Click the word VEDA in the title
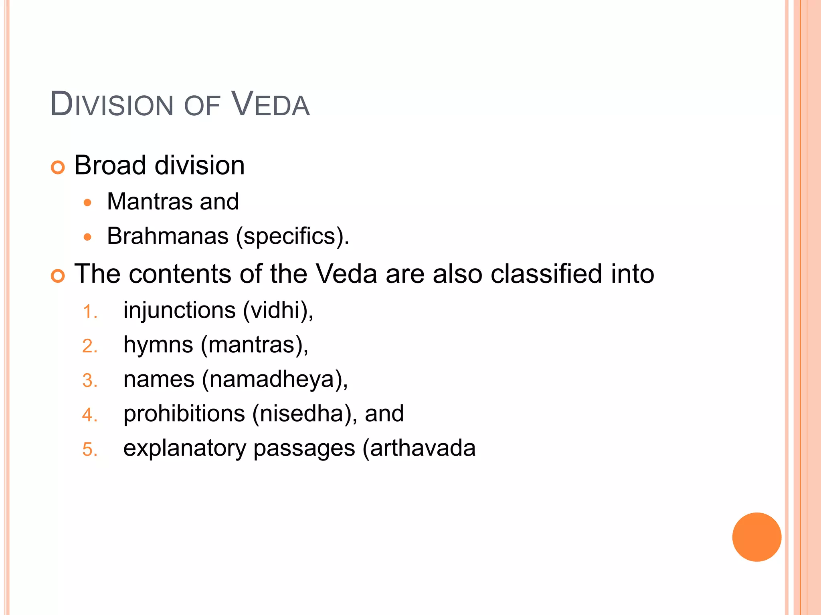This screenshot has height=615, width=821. point(271,105)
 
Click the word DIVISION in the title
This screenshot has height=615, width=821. point(111,105)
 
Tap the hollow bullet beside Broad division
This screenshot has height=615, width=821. point(58,167)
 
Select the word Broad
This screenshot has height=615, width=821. point(110,165)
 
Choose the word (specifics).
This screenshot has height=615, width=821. point(292,236)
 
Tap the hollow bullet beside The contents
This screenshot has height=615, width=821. point(58,276)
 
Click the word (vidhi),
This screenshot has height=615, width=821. point(278,311)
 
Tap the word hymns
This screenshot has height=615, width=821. point(158,345)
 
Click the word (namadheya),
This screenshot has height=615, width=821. point(275,380)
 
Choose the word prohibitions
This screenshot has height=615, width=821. point(184,414)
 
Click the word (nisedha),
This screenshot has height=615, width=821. point(305,414)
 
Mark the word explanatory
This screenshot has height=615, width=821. point(184,448)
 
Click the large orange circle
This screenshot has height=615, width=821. point(756,537)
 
